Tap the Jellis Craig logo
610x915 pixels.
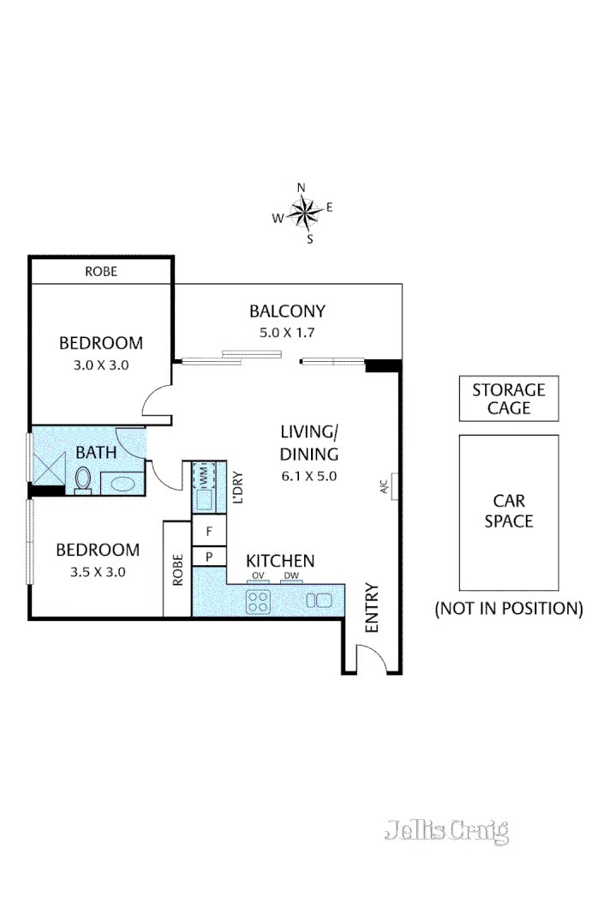point(446,830)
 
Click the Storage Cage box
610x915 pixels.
point(509,400)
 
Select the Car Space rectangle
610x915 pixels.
point(509,512)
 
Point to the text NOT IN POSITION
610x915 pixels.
point(509,609)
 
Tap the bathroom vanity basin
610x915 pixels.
point(123,484)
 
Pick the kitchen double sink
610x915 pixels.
point(318,600)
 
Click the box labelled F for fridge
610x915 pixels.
point(208,532)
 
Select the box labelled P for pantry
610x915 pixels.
point(208,557)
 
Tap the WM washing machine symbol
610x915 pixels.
point(203,473)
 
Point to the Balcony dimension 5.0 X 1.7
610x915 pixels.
point(287,333)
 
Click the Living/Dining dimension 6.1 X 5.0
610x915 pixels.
point(309,476)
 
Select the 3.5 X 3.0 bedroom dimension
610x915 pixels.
point(97,571)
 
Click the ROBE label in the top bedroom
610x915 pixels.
point(101,272)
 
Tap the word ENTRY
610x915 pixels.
point(372,608)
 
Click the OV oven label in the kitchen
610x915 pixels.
point(257,576)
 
